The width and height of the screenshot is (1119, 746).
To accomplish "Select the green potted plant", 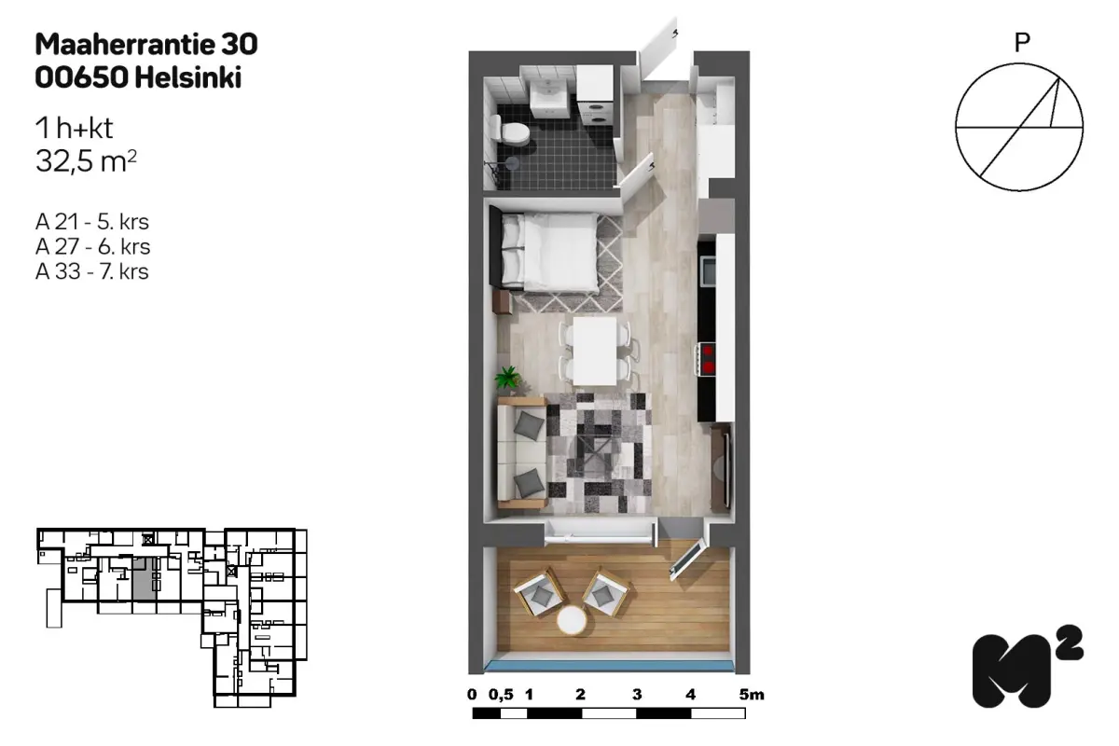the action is coord(508,378).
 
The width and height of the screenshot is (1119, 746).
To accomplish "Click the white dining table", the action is coord(595,352).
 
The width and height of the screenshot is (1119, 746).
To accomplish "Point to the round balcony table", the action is coord(572,620).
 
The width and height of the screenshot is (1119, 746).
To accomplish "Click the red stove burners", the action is coord(708,359).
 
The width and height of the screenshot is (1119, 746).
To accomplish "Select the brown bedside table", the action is coord(502,303).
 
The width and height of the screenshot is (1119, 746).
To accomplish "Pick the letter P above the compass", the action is coord(1022,44).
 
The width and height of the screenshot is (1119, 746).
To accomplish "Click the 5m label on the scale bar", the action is coord(752,695).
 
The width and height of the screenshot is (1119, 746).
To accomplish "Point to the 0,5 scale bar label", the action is coord(501,695).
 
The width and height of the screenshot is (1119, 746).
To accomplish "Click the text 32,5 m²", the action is coord(86,161).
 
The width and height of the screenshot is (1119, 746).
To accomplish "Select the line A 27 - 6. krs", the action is coord(92,247).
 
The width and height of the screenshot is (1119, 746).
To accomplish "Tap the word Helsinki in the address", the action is coord(188,78).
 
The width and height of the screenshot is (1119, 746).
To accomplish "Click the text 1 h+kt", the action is coord(74,129).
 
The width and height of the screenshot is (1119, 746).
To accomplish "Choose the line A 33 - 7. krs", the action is coord(92,271).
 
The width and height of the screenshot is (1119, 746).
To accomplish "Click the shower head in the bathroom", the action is coord(512,162).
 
